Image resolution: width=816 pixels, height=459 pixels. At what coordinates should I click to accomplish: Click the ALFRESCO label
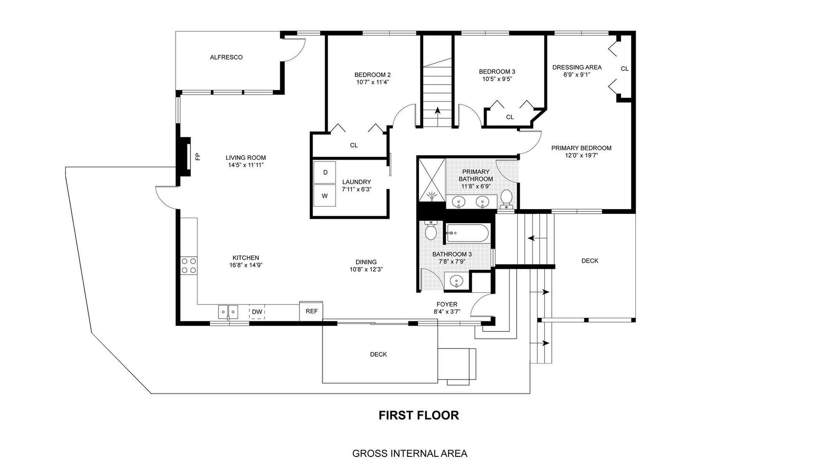click(x=226, y=57)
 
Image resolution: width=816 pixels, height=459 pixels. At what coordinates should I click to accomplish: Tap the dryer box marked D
click(x=325, y=172)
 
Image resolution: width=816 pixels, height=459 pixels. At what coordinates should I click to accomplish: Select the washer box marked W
click(x=325, y=195)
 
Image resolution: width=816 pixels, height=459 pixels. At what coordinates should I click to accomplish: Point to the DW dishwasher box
click(x=257, y=312)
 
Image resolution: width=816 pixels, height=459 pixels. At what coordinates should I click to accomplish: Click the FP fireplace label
click(x=198, y=156)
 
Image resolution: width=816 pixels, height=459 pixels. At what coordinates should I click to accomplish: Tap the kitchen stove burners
click(x=189, y=266)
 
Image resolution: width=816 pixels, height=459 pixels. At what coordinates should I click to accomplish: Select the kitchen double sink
click(x=228, y=312)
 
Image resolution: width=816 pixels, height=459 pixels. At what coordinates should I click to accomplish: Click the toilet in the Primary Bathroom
click(x=506, y=199)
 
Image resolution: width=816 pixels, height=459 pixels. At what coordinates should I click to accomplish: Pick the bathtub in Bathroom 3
click(x=467, y=233)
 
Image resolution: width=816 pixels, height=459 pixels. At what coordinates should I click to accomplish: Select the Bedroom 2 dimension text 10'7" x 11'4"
click(x=373, y=82)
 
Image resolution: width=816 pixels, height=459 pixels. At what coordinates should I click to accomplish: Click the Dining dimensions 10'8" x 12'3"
click(x=366, y=269)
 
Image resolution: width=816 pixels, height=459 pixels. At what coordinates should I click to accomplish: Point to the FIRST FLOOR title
click(x=419, y=415)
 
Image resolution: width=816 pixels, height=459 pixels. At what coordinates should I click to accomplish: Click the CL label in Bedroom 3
click(x=510, y=117)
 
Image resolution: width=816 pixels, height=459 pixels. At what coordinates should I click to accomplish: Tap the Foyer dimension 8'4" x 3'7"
click(x=447, y=312)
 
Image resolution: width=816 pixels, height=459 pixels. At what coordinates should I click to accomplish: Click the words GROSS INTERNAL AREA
click(x=410, y=453)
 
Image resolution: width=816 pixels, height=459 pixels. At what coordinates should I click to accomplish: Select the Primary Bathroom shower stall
click(x=432, y=179)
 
